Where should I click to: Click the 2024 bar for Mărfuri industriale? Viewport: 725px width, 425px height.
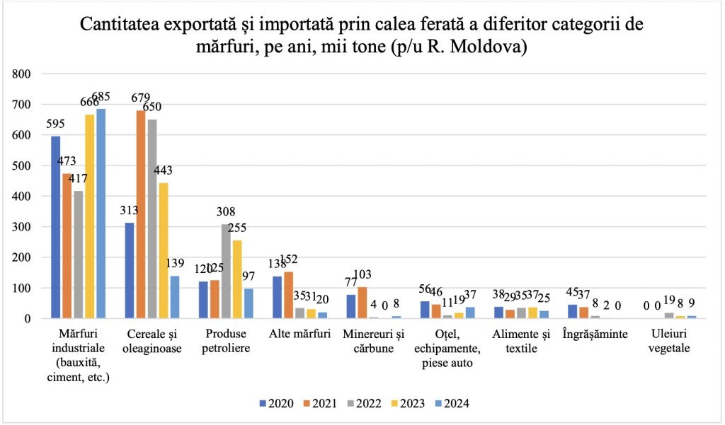click(101, 214)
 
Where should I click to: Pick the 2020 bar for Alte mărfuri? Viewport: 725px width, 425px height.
click(278, 297)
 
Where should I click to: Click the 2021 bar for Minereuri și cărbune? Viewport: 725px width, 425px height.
click(362, 303)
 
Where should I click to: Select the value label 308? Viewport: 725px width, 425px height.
click(227, 211)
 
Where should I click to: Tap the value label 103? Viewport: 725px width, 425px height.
click(362, 274)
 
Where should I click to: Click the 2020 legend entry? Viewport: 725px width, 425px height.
click(275, 403)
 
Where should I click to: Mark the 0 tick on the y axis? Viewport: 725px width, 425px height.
click(28, 318)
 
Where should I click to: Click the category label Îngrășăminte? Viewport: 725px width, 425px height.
click(595, 334)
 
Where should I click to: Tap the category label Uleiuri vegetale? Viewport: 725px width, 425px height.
click(669, 340)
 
